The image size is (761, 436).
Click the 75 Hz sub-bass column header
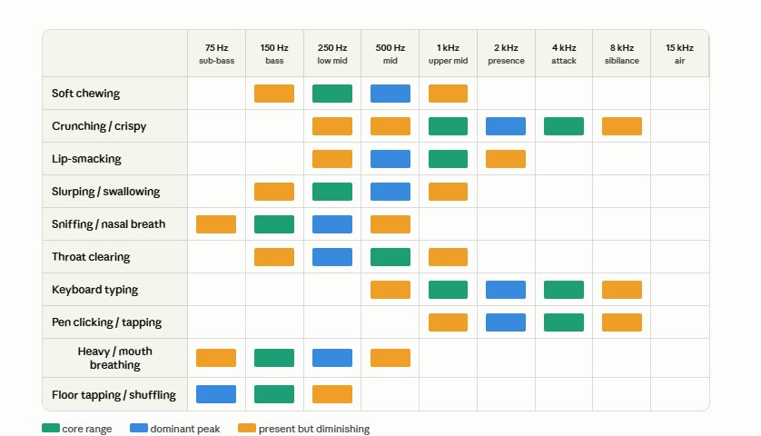(216, 54)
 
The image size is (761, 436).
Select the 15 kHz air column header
(679, 54)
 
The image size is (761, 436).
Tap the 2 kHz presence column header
(506, 54)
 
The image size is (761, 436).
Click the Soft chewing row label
(86, 94)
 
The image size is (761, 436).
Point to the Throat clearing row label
(91, 257)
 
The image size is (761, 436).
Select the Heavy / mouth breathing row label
(115, 358)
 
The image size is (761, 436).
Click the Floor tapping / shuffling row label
(114, 395)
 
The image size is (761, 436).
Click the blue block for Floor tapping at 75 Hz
(216, 394)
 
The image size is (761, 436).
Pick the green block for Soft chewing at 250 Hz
(332, 94)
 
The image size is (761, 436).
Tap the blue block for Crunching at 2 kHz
(506, 126)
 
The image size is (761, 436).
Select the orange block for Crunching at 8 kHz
(622, 126)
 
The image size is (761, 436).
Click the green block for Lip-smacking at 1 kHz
(448, 159)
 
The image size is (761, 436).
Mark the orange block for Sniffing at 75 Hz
(216, 224)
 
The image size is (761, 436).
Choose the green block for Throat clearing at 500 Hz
(390, 257)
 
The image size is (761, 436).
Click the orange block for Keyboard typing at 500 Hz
(390, 290)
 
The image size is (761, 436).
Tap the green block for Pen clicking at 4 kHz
(564, 322)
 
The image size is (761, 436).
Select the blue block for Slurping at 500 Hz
(390, 192)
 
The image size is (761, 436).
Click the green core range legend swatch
(51, 428)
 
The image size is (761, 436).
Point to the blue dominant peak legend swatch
(139, 428)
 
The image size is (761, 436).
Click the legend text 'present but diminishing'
(314, 430)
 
